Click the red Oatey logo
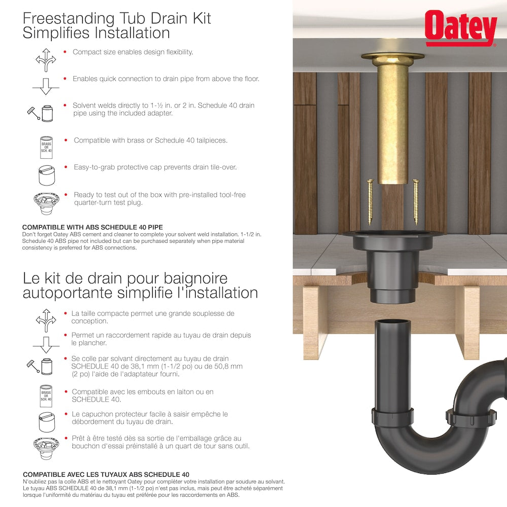pyautogui.click(x=460, y=28)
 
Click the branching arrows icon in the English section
pyautogui.click(x=46, y=59)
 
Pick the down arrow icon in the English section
pyautogui.click(x=46, y=87)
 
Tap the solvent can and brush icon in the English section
pyautogui.click(x=42, y=113)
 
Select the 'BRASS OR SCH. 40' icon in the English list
pyautogui.click(x=46, y=148)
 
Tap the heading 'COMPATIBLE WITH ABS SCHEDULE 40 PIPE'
pyautogui.click(x=93, y=227)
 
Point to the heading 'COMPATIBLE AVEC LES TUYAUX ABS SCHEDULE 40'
pyautogui.click(x=106, y=475)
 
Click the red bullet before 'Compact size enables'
pyautogui.click(x=65, y=52)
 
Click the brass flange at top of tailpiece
pyautogui.click(x=393, y=56)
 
